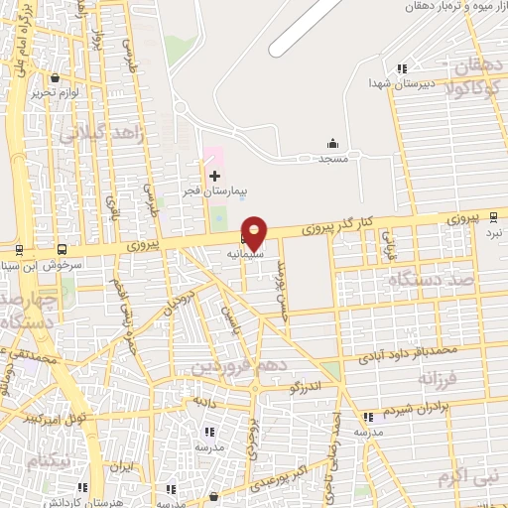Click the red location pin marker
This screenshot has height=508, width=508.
click(255, 232)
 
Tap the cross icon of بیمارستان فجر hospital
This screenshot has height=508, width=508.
click(214, 176)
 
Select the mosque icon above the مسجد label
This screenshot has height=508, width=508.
click(331, 144)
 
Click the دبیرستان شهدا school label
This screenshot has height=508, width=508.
click(396, 83)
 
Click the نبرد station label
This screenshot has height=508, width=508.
click(493, 230)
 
